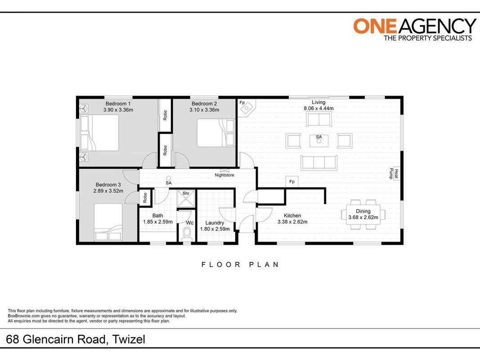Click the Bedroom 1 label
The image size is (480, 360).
[x=118, y=104]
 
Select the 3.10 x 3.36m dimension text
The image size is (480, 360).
[x=204, y=110]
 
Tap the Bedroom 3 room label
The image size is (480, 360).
[x=108, y=184]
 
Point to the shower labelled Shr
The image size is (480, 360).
[x=186, y=199]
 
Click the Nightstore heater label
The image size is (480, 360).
[x=224, y=175]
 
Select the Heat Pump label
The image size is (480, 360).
[x=394, y=174]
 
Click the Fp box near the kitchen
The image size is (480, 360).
[x=292, y=181]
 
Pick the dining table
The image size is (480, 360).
[x=363, y=214]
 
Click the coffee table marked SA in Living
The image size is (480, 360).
[x=319, y=140]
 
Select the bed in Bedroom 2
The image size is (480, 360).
[x=216, y=133]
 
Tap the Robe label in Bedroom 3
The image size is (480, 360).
[x=145, y=198]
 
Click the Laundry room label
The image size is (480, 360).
[x=215, y=223]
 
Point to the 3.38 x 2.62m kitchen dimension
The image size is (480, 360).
[x=292, y=222]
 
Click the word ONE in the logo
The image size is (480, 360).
[x=375, y=26]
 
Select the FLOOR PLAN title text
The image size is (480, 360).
[x=240, y=265]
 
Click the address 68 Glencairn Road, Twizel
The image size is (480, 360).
[x=76, y=339]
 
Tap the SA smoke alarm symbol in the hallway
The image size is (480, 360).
[x=168, y=178]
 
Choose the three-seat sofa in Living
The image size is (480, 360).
[x=319, y=162]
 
